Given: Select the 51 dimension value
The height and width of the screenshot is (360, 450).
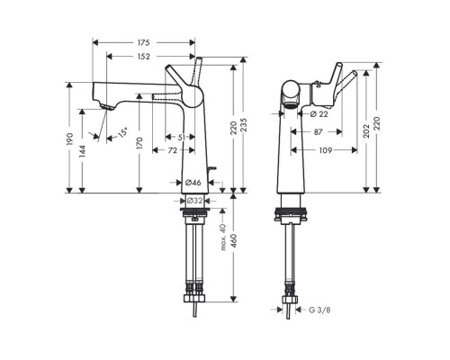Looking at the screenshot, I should click(184, 137).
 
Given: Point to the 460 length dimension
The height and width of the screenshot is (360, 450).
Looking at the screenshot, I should click(233, 243).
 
